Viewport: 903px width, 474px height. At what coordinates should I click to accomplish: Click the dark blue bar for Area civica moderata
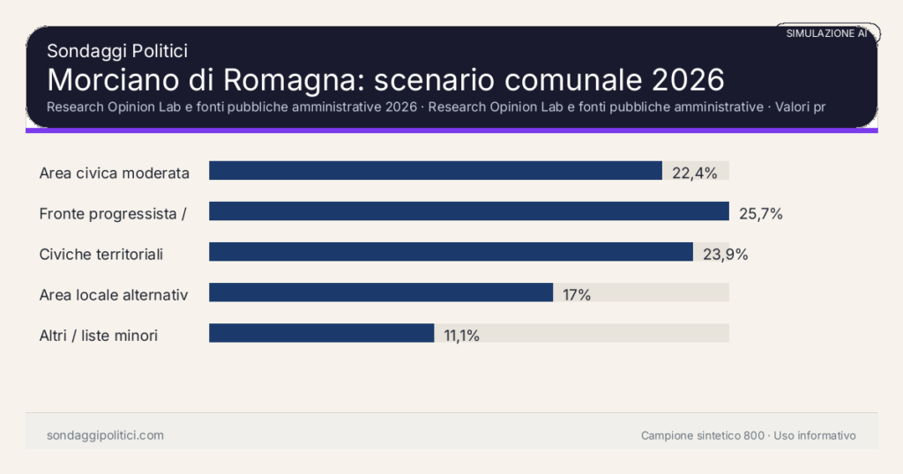point(435,171)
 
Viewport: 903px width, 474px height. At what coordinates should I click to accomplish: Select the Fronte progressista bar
point(468,211)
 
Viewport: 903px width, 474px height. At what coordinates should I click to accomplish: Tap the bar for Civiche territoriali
point(451,252)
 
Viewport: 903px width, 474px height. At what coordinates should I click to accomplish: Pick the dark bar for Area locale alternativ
point(380,293)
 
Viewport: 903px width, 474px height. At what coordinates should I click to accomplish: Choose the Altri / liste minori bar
point(321,333)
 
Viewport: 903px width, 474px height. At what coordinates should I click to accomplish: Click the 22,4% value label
point(694,173)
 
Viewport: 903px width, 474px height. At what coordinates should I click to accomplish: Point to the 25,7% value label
point(760,213)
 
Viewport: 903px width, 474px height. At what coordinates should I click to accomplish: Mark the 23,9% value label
point(725,255)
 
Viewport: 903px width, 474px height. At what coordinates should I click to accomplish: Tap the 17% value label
point(577,295)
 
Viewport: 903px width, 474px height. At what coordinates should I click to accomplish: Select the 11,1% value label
point(461,336)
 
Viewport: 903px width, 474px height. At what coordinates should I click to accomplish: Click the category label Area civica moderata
point(115,173)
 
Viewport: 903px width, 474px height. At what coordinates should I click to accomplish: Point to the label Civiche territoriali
point(101,255)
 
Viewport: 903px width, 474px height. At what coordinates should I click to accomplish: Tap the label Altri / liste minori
point(99,336)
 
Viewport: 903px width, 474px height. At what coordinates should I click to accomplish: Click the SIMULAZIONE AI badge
point(826,33)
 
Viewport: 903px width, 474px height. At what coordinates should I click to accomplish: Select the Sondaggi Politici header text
point(117,51)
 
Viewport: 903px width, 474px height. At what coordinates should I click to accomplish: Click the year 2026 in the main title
point(688,79)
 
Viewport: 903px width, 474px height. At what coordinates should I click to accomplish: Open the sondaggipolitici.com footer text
point(105,435)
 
